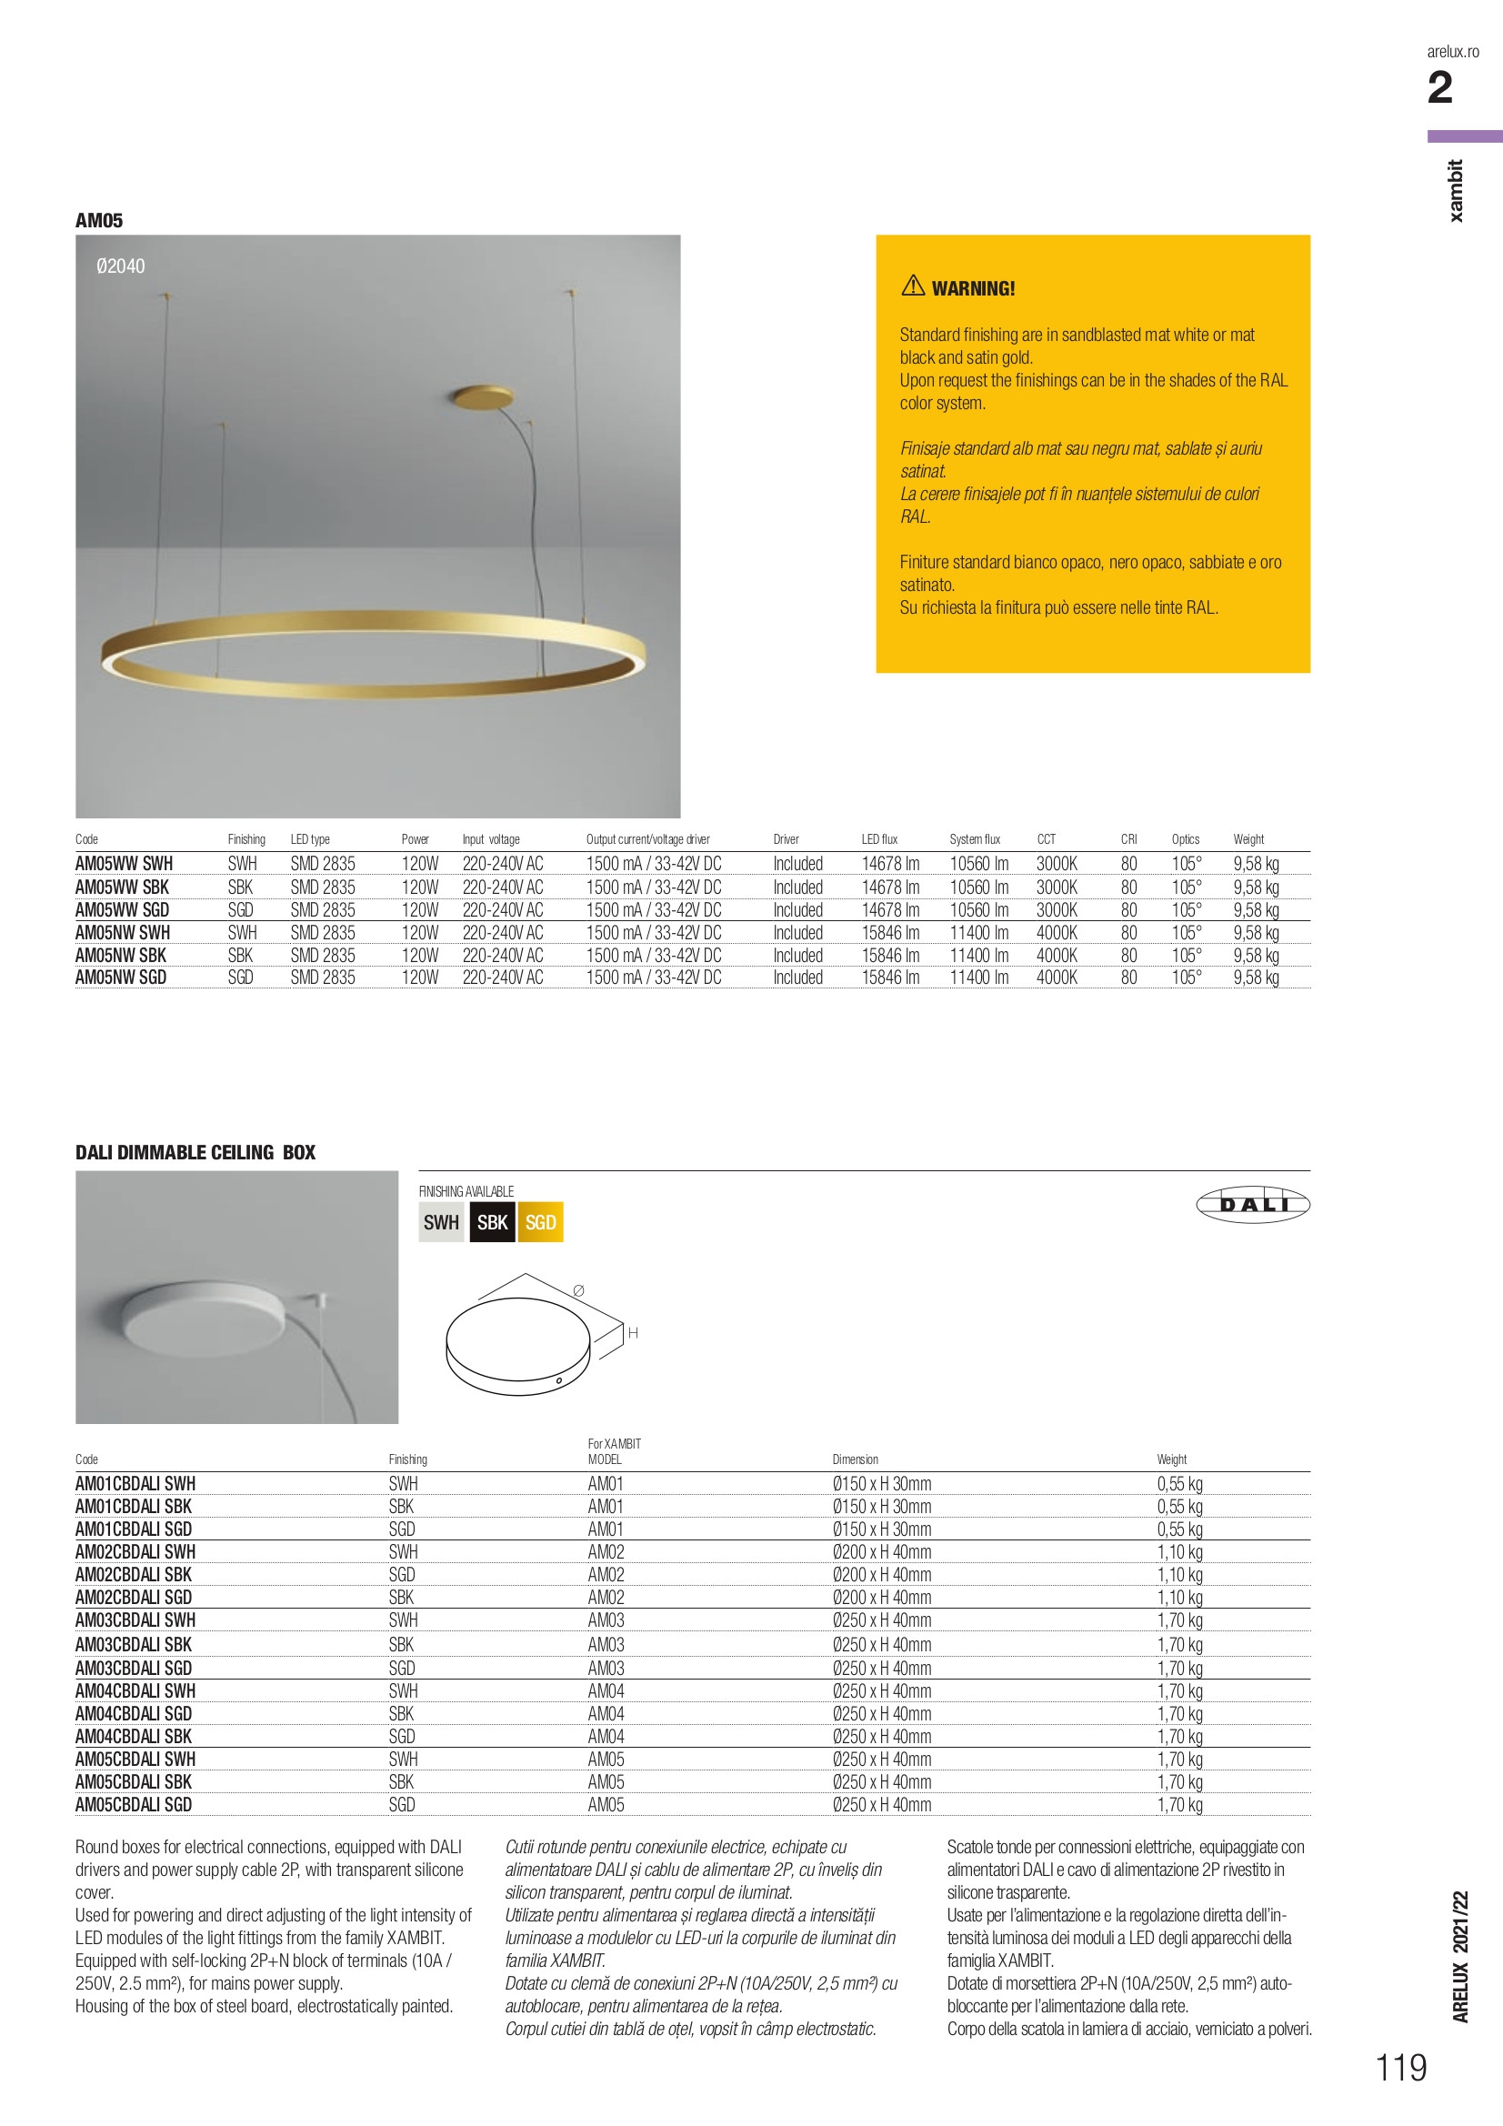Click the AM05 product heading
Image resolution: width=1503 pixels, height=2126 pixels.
click(x=99, y=220)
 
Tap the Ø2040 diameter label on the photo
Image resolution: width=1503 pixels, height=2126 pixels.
click(x=120, y=266)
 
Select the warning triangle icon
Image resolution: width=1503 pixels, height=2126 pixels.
click(x=913, y=286)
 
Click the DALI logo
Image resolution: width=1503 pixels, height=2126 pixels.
click(x=1253, y=1204)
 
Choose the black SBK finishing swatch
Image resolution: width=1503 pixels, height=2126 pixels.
click(x=492, y=1222)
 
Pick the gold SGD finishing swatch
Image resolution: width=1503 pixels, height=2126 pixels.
click(x=541, y=1222)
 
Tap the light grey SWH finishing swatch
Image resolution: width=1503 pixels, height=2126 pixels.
click(x=441, y=1222)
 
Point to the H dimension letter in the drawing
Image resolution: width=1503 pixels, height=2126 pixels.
click(x=634, y=1333)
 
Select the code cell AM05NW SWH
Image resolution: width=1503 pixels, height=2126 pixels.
click(x=122, y=932)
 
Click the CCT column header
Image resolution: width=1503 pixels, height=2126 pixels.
click(x=1047, y=839)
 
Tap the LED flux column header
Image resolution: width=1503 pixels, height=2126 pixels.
click(x=879, y=839)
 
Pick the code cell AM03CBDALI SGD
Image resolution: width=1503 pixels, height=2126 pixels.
click(x=134, y=1668)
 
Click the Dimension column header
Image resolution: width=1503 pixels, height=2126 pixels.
click(x=855, y=1459)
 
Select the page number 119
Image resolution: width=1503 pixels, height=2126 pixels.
click(x=1401, y=2068)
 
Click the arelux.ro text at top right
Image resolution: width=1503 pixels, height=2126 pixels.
click(x=1453, y=52)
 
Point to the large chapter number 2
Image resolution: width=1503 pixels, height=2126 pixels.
click(x=1440, y=89)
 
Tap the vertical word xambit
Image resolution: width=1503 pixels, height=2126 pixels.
click(x=1457, y=191)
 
